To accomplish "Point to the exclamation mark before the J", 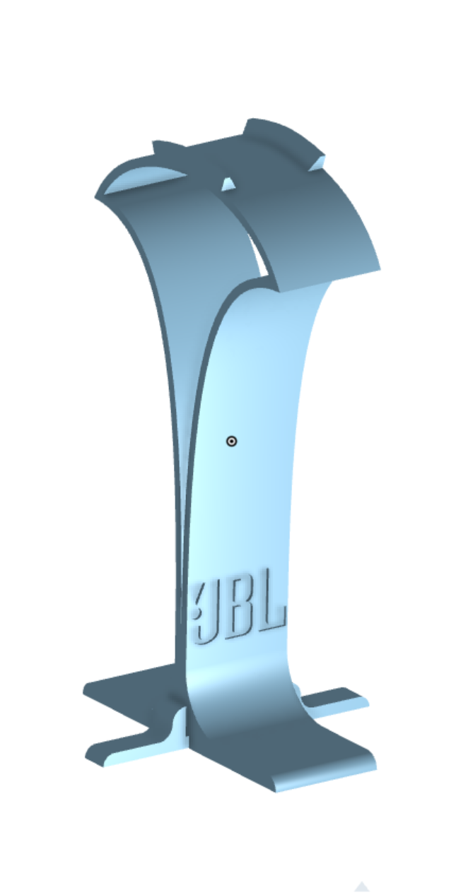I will [x=197, y=600].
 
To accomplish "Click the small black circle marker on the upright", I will [x=231, y=441].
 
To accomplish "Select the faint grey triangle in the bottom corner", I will [x=361, y=887].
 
